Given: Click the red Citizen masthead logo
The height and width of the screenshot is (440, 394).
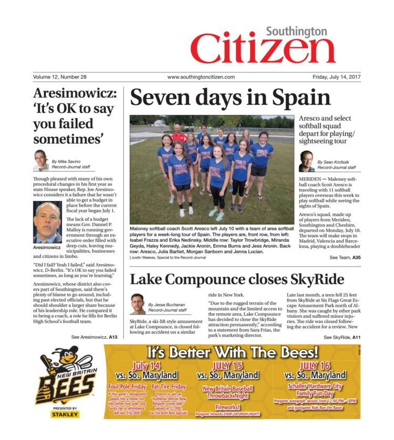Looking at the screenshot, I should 263,51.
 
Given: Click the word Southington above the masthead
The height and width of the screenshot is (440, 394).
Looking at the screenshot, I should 296,31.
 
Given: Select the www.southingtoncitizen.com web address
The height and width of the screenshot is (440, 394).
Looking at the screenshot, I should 201,77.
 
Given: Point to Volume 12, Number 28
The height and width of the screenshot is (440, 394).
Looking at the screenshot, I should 59,77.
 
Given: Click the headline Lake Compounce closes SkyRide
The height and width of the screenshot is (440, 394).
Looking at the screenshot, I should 237,278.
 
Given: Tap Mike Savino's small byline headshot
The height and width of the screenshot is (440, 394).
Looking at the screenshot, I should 41,159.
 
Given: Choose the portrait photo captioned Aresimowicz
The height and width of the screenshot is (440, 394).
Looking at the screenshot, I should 47,222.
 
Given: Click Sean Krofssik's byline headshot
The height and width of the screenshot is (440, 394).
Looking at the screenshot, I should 307,161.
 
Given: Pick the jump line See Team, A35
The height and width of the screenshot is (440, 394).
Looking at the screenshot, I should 345,258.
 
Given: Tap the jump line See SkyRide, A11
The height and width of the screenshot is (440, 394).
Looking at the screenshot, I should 342,337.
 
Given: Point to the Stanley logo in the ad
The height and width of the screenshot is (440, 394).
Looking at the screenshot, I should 66,414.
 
